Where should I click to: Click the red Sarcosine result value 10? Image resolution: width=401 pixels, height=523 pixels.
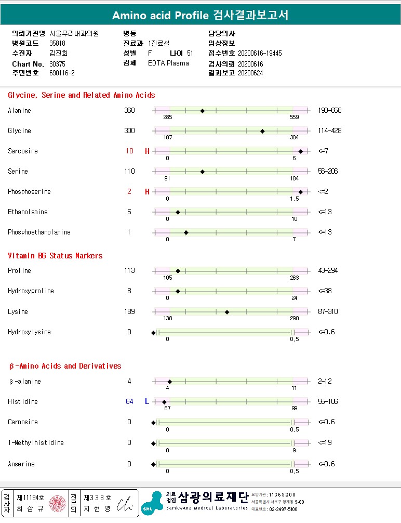pos(129,151)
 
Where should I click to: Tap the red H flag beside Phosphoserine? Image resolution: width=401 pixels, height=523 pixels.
pos(147,192)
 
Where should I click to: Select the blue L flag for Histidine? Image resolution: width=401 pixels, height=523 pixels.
pos(147,402)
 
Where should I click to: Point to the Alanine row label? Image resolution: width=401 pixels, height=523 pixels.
pos(19,111)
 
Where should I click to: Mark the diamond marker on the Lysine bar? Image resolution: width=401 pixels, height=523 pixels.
pos(227,312)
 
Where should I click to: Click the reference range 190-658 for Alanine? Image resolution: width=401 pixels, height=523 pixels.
pos(329,111)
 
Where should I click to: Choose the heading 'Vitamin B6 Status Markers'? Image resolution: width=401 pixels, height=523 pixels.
pos(55,256)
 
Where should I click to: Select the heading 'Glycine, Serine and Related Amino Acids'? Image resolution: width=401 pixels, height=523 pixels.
pos(82,95)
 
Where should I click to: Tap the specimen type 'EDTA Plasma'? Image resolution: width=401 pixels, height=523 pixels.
pos(168,63)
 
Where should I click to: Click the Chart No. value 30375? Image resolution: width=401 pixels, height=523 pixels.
pos(58,63)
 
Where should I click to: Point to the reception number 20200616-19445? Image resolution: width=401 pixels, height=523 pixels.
pos(260,53)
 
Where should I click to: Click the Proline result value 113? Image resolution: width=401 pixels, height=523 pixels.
pos(129,271)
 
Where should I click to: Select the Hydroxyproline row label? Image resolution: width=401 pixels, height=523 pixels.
pos(31,291)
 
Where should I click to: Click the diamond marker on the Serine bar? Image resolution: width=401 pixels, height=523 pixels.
pos(202,172)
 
